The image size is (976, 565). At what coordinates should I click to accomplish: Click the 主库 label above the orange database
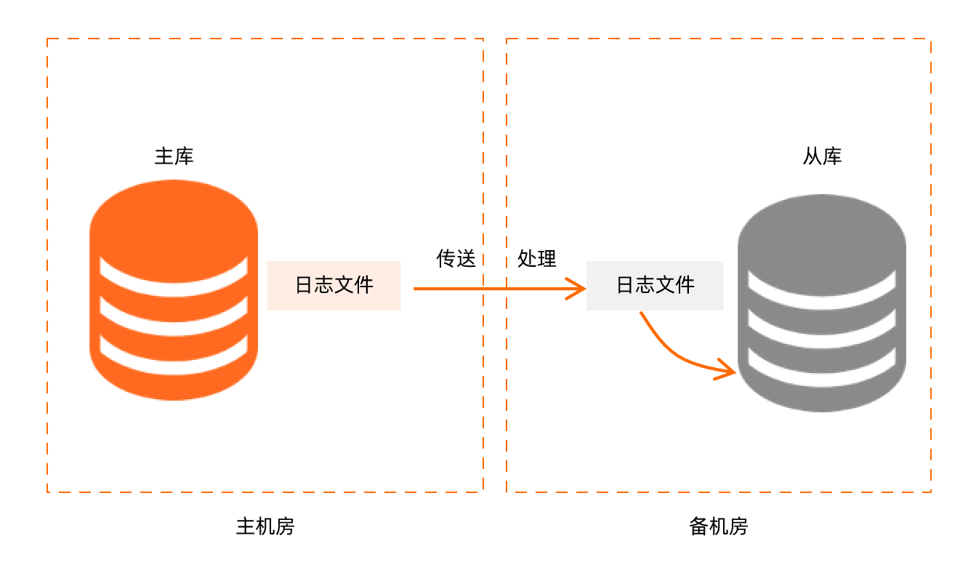(x=174, y=156)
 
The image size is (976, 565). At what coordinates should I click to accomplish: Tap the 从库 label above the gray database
(x=822, y=156)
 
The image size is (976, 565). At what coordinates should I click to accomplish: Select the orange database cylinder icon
(x=174, y=225)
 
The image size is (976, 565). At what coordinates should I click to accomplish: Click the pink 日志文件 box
(x=334, y=285)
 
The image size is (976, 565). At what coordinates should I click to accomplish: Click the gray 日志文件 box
(x=655, y=285)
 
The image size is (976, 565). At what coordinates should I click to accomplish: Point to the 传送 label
(x=456, y=258)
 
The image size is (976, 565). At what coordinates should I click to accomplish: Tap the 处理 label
(x=537, y=258)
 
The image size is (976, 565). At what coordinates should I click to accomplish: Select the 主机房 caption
(x=265, y=526)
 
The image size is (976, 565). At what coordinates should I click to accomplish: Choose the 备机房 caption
(x=718, y=526)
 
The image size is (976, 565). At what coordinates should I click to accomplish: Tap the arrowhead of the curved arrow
(x=729, y=370)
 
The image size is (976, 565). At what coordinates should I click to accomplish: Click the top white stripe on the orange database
(x=174, y=277)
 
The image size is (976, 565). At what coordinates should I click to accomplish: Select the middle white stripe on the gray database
(x=822, y=328)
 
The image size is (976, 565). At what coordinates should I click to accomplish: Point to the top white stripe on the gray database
(x=822, y=289)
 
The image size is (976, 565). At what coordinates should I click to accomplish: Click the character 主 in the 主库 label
(x=164, y=156)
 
